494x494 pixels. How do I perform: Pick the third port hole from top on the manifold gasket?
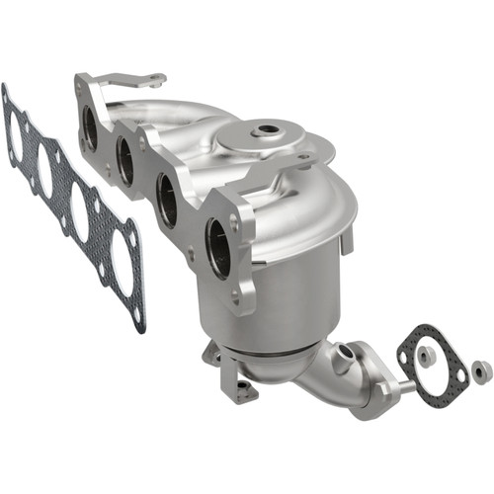coord(80,211)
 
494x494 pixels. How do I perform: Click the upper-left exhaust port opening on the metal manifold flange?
coord(87,128)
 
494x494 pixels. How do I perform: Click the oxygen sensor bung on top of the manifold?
coord(266,130)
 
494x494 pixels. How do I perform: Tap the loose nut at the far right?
coord(481,370)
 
